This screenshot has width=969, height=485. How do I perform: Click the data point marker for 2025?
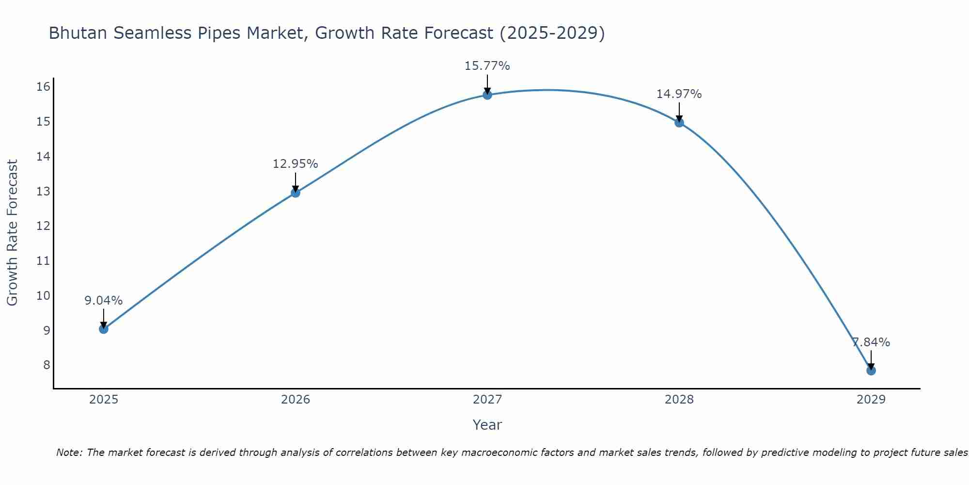[104, 329]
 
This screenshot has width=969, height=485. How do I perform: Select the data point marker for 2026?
[296, 193]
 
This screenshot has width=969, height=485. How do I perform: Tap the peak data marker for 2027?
[487, 95]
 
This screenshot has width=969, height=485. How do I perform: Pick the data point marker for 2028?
[679, 122]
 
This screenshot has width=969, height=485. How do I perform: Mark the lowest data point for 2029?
[871, 371]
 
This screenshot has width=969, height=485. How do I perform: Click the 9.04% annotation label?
[104, 301]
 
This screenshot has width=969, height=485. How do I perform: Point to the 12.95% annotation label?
[296, 164]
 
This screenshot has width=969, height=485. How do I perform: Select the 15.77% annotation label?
[487, 66]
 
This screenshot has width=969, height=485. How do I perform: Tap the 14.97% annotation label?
[679, 94]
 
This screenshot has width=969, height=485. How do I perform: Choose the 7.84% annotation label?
[871, 342]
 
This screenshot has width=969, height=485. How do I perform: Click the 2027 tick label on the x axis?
[487, 400]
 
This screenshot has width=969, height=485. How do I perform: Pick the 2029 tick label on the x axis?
[871, 400]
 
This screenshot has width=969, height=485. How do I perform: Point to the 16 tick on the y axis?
[44, 87]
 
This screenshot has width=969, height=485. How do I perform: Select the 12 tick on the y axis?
[44, 226]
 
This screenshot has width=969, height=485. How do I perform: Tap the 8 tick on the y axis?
[47, 365]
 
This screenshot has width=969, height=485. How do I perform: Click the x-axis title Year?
[487, 425]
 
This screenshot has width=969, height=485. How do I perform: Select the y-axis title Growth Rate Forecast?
[13, 233]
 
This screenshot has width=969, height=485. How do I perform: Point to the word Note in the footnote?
[70, 453]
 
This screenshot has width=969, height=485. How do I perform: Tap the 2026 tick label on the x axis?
[296, 400]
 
